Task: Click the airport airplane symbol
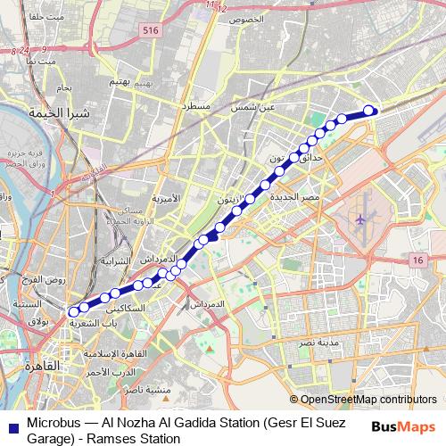click(x=360, y=219)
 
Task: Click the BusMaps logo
click(x=402, y=427)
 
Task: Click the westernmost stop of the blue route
click(x=73, y=312)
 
